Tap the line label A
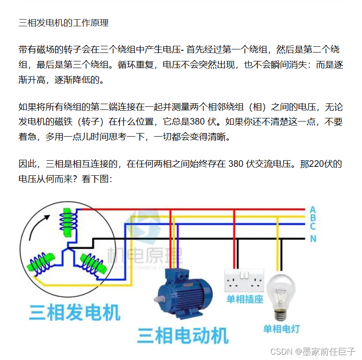pos(313,210)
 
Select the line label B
pos(313,218)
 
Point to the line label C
pos(313,227)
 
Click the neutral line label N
pos(313,239)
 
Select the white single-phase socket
pos(244,280)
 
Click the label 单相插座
pos(244,299)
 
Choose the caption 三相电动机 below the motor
pos(182,335)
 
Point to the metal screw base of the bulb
pos(281,315)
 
